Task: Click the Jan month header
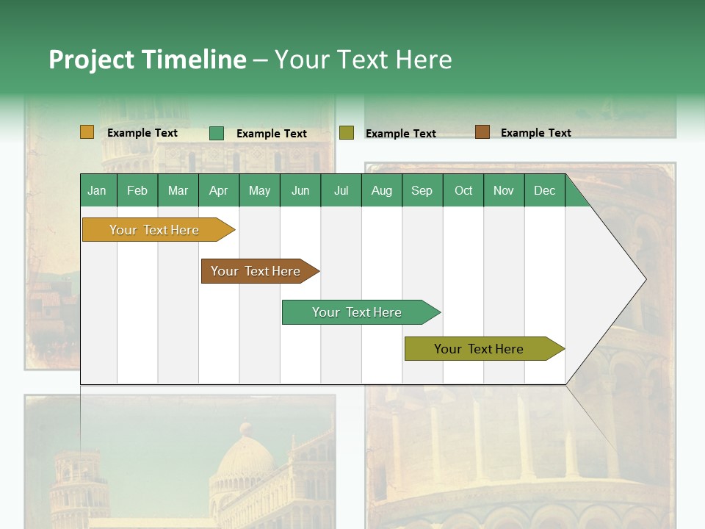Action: point(97,191)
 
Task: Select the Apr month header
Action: point(218,191)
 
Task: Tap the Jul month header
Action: point(341,191)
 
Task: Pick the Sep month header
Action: point(422,191)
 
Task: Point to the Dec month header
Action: point(544,191)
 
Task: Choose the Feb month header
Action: point(137,191)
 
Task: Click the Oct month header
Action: point(463,191)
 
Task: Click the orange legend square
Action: point(87,132)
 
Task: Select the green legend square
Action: point(217,133)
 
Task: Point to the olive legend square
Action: point(347,133)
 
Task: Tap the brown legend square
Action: point(482,132)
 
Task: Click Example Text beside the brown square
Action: point(535,133)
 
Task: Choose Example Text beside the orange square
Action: point(142,133)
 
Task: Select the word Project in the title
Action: point(91,60)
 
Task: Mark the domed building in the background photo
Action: point(247,456)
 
